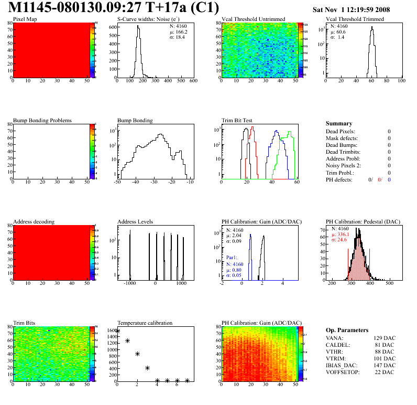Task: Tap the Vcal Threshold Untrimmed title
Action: pos(253,19)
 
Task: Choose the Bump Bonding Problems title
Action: pos(42,120)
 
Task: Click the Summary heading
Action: pos(339,123)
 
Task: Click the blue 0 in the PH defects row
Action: pos(390,179)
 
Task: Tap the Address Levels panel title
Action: pos(135,222)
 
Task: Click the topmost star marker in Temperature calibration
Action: pos(118,331)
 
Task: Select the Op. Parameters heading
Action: pos(346,330)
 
